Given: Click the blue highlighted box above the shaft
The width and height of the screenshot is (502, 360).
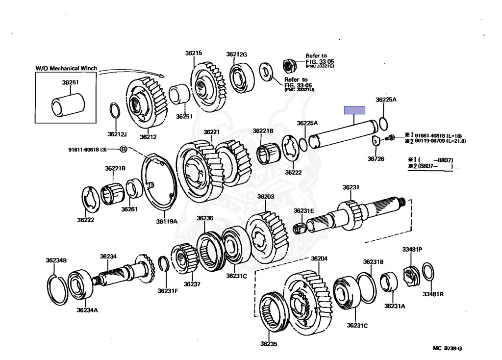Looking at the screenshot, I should pos(354,110).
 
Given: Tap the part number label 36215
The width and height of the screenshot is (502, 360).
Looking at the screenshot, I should pos(194,53).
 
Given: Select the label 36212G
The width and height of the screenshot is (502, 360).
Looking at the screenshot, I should pos(237,54).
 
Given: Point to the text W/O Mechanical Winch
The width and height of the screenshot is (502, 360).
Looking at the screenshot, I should pos(66,68).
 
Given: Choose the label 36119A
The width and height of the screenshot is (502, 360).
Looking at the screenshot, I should pos(167,222).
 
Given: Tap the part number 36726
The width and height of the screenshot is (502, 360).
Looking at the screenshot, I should pos(376,158).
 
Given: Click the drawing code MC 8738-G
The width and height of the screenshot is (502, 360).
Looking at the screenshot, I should pos(447,349).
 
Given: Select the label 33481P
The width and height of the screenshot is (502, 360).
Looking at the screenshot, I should pos(412,250).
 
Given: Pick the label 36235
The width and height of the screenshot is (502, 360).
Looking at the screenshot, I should pos(269,344).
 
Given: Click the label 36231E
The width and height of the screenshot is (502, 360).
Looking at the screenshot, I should pos(304,210).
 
